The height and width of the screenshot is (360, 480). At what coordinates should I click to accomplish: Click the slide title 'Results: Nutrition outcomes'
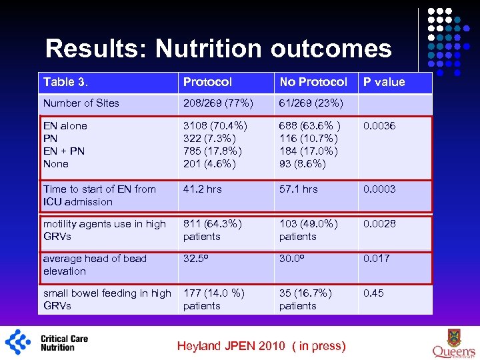(219, 49)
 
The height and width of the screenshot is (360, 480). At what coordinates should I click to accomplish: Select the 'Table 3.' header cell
(65, 82)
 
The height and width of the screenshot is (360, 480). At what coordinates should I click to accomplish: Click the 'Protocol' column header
(207, 82)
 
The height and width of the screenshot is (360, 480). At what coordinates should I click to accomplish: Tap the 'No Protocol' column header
(313, 82)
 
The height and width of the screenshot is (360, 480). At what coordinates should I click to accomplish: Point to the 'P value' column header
(383, 82)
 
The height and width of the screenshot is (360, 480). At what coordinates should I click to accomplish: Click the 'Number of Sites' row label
(81, 103)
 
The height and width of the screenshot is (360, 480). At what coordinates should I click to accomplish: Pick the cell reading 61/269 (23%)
(311, 103)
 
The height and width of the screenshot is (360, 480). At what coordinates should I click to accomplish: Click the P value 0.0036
(379, 125)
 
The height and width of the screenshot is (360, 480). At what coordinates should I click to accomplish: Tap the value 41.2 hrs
(203, 189)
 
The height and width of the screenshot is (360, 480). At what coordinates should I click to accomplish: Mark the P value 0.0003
(379, 189)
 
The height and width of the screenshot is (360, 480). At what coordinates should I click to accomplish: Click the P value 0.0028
(379, 223)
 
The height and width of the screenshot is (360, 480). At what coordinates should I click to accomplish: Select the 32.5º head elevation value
(197, 258)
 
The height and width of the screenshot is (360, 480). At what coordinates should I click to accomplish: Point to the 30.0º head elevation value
(293, 258)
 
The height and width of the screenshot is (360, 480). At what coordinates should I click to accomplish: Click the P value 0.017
(377, 258)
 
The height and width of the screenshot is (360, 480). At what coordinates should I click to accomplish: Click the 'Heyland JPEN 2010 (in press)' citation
(261, 345)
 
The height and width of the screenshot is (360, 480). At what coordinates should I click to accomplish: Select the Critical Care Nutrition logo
(47, 341)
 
